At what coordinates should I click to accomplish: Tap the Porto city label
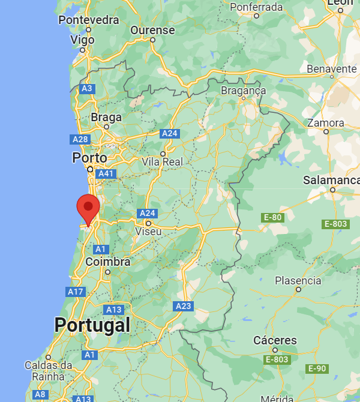[89, 158]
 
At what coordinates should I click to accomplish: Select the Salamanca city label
[331, 180]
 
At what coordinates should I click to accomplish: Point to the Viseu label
[149, 231]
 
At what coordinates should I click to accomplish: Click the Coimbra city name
[108, 262]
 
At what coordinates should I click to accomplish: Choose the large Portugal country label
[92, 325]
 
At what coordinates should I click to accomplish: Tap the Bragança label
[243, 90]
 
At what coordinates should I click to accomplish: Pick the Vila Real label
[162, 162]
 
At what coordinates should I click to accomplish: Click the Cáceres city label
[275, 340]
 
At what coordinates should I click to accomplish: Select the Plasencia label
[298, 280]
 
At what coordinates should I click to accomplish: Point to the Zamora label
[326, 123]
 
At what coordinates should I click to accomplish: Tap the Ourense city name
[153, 31]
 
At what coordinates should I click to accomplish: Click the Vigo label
[83, 40]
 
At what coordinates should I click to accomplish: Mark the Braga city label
[106, 118]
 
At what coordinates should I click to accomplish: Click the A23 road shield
[184, 306]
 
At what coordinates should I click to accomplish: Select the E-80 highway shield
[272, 217]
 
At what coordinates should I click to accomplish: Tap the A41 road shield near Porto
[106, 173]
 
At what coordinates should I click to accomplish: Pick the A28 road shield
[80, 139]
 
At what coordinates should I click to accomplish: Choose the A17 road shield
[76, 292]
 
